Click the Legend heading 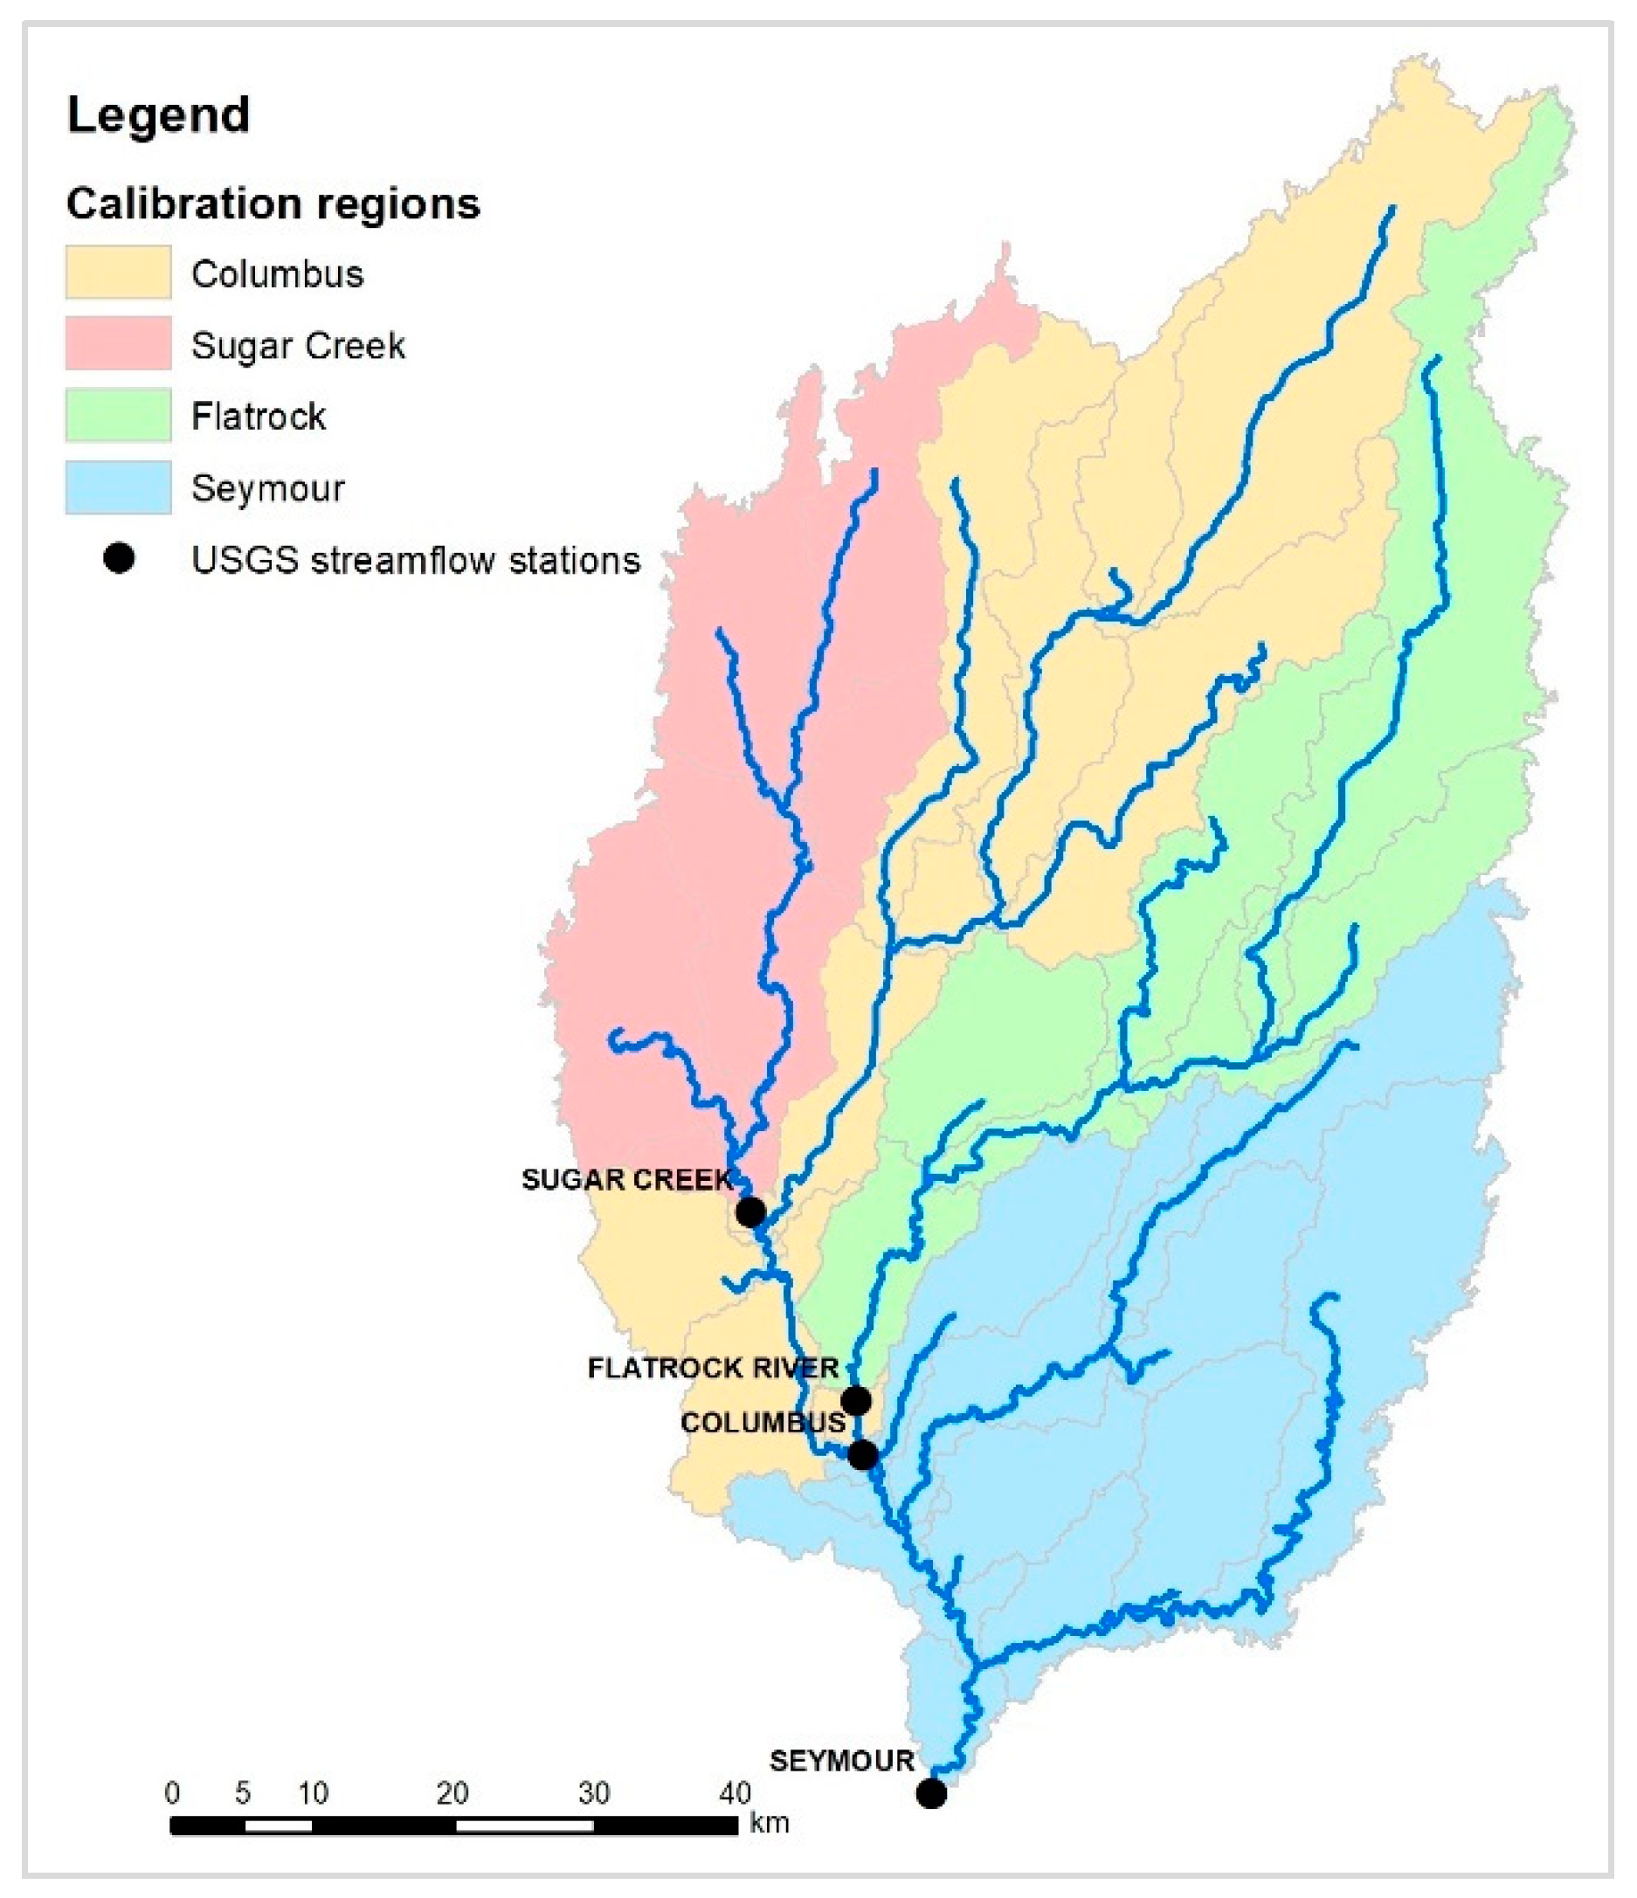[157, 115]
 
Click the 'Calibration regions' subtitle [273, 204]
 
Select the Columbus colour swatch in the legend [118, 272]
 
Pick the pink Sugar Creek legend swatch [118, 343]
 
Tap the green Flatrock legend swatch [118, 415]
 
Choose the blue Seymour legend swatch [118, 487]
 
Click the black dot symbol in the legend [119, 558]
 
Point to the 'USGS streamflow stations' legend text [415, 560]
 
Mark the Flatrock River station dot [855, 1401]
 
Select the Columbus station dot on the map [862, 1454]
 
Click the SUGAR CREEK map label [626, 1180]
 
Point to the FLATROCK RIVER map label [713, 1369]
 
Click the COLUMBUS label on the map [763, 1423]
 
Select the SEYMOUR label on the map [841, 1761]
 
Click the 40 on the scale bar [735, 1792]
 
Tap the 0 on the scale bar [172, 1792]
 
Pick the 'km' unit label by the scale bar [769, 1823]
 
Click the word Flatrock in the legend [259, 417]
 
